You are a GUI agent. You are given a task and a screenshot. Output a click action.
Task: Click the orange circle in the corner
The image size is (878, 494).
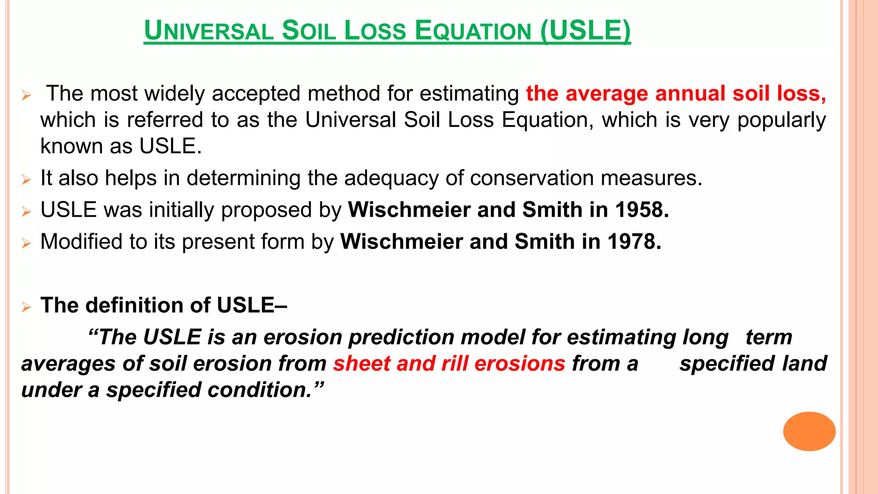pyautogui.click(x=809, y=431)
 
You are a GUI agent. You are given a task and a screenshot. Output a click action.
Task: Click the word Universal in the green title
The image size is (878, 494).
pyautogui.click(x=209, y=31)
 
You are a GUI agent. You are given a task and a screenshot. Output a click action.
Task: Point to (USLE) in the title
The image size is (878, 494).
pyautogui.click(x=586, y=31)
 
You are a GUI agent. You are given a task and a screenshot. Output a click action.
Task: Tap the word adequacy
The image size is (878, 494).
pyautogui.click(x=391, y=178)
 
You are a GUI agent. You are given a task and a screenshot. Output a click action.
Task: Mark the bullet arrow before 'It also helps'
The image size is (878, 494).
pyautogui.click(x=26, y=180)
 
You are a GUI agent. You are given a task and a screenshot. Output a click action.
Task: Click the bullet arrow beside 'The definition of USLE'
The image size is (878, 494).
pyautogui.click(x=26, y=307)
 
